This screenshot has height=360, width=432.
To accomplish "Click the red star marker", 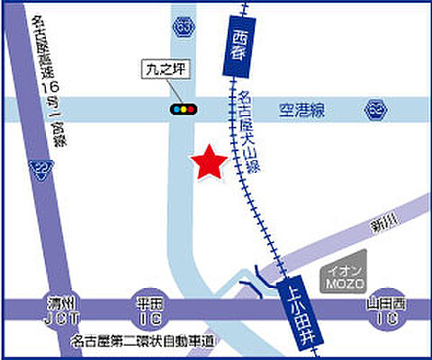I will coord(209,162).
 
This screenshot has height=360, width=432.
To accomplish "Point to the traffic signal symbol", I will coord(184,109).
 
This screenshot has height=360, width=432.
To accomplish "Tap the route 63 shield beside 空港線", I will coord(375,109).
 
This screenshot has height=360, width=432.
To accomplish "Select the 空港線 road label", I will coord(301,109).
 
